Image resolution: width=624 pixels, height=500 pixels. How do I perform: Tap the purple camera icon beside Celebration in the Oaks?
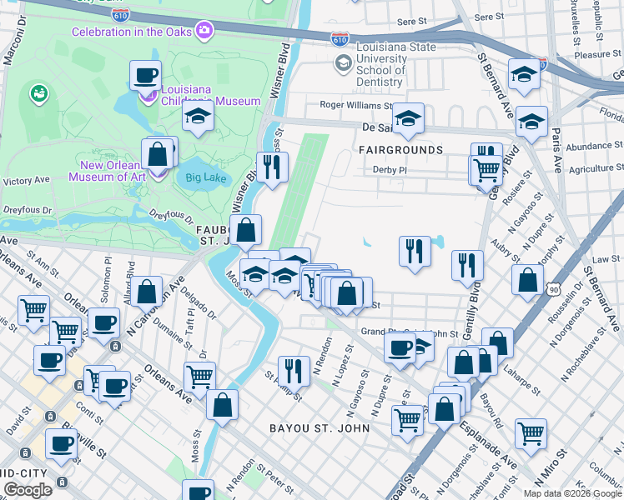[x=204, y=32]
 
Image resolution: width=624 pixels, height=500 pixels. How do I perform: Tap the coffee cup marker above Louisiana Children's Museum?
[x=145, y=76]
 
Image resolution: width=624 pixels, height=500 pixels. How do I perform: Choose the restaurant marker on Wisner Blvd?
[x=272, y=167]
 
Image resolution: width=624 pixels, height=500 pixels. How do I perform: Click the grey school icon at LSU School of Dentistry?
[x=343, y=63]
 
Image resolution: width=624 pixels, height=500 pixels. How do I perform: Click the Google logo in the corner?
[x=28, y=490]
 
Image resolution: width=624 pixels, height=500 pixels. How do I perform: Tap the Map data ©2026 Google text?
[x=572, y=493]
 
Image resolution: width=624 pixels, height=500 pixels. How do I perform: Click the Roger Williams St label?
[x=355, y=105]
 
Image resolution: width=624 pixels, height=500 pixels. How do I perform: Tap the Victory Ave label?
[x=27, y=180]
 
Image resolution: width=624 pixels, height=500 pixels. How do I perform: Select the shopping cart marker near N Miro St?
[x=531, y=433]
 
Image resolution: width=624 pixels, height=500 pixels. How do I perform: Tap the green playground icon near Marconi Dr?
[x=38, y=93]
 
